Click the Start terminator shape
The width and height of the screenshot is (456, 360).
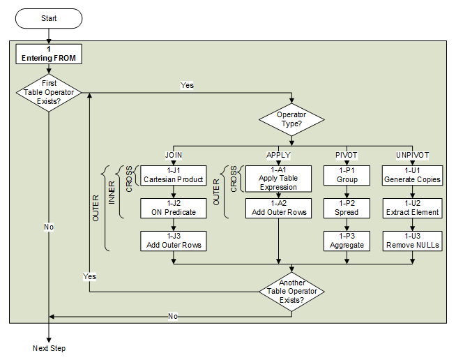tap(49, 18)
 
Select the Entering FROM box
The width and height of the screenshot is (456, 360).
tap(49, 53)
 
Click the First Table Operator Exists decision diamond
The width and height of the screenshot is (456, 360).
tap(49, 92)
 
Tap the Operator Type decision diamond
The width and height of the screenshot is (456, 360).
tap(291, 119)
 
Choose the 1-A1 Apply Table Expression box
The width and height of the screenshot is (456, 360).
tap(278, 178)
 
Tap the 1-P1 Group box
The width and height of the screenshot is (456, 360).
tap(347, 174)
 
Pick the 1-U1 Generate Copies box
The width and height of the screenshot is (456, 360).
tap(412, 174)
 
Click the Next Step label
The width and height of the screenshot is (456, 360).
tap(49, 348)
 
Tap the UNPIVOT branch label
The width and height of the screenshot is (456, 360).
tap(412, 154)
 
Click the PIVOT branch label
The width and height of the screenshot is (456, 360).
tap(347, 154)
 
